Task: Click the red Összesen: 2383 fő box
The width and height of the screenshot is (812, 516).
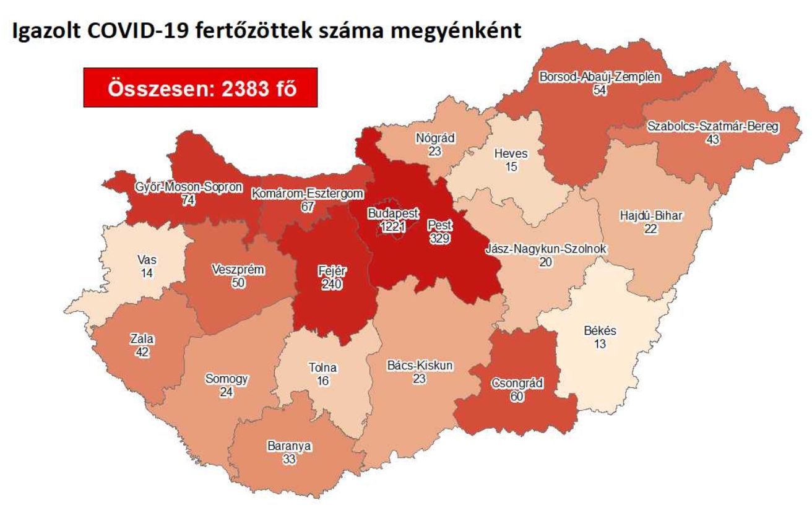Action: point(201,88)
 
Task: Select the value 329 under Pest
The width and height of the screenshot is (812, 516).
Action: point(442,238)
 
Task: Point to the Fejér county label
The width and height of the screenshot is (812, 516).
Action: point(332,271)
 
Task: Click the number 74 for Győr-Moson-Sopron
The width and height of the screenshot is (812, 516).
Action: point(188,200)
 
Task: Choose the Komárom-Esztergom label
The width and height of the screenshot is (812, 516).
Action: point(306,194)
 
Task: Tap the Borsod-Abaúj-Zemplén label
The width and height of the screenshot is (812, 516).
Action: point(599,78)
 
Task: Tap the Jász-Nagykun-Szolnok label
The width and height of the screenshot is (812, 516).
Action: point(545,249)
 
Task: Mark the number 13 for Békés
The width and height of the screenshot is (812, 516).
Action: point(599,343)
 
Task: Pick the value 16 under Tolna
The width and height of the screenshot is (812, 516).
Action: point(322,381)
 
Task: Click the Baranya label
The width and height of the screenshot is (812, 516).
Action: point(289,445)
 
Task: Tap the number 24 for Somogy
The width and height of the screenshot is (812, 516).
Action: point(226,391)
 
